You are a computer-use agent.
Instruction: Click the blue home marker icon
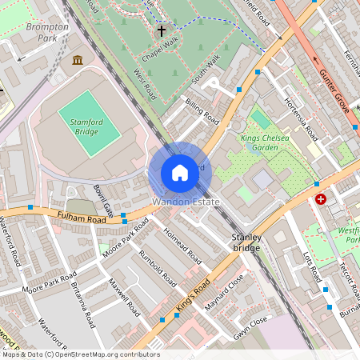point(180,173)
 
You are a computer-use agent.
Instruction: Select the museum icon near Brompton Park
point(78,61)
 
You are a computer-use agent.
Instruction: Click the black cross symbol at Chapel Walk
point(162,32)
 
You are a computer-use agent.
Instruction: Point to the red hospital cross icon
point(321,198)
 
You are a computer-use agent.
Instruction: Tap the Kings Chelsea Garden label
point(265,142)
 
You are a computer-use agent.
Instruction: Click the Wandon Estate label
point(186,202)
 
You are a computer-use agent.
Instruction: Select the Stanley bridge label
point(246,243)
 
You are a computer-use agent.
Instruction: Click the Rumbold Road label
point(157,269)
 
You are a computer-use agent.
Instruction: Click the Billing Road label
point(202,110)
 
